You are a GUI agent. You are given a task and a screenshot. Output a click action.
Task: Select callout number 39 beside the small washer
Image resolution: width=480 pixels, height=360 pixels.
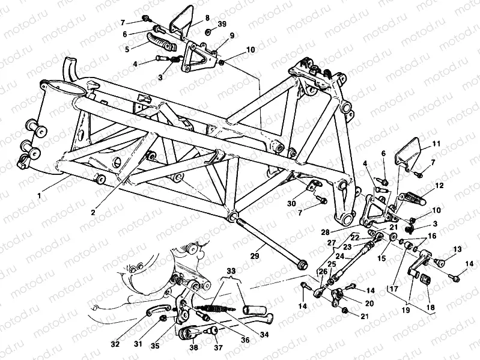(x=222, y=24)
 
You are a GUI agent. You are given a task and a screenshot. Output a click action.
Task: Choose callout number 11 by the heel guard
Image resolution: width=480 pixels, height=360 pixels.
(x=436, y=144)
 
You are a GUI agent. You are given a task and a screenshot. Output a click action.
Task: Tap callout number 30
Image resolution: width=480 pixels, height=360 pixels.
(x=291, y=204)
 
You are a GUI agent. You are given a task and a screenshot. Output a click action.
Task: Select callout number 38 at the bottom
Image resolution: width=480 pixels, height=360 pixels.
(x=194, y=347)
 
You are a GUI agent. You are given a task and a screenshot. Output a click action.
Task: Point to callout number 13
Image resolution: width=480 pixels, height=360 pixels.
(x=458, y=249)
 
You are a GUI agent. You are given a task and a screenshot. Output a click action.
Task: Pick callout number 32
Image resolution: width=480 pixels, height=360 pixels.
(x=115, y=344)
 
